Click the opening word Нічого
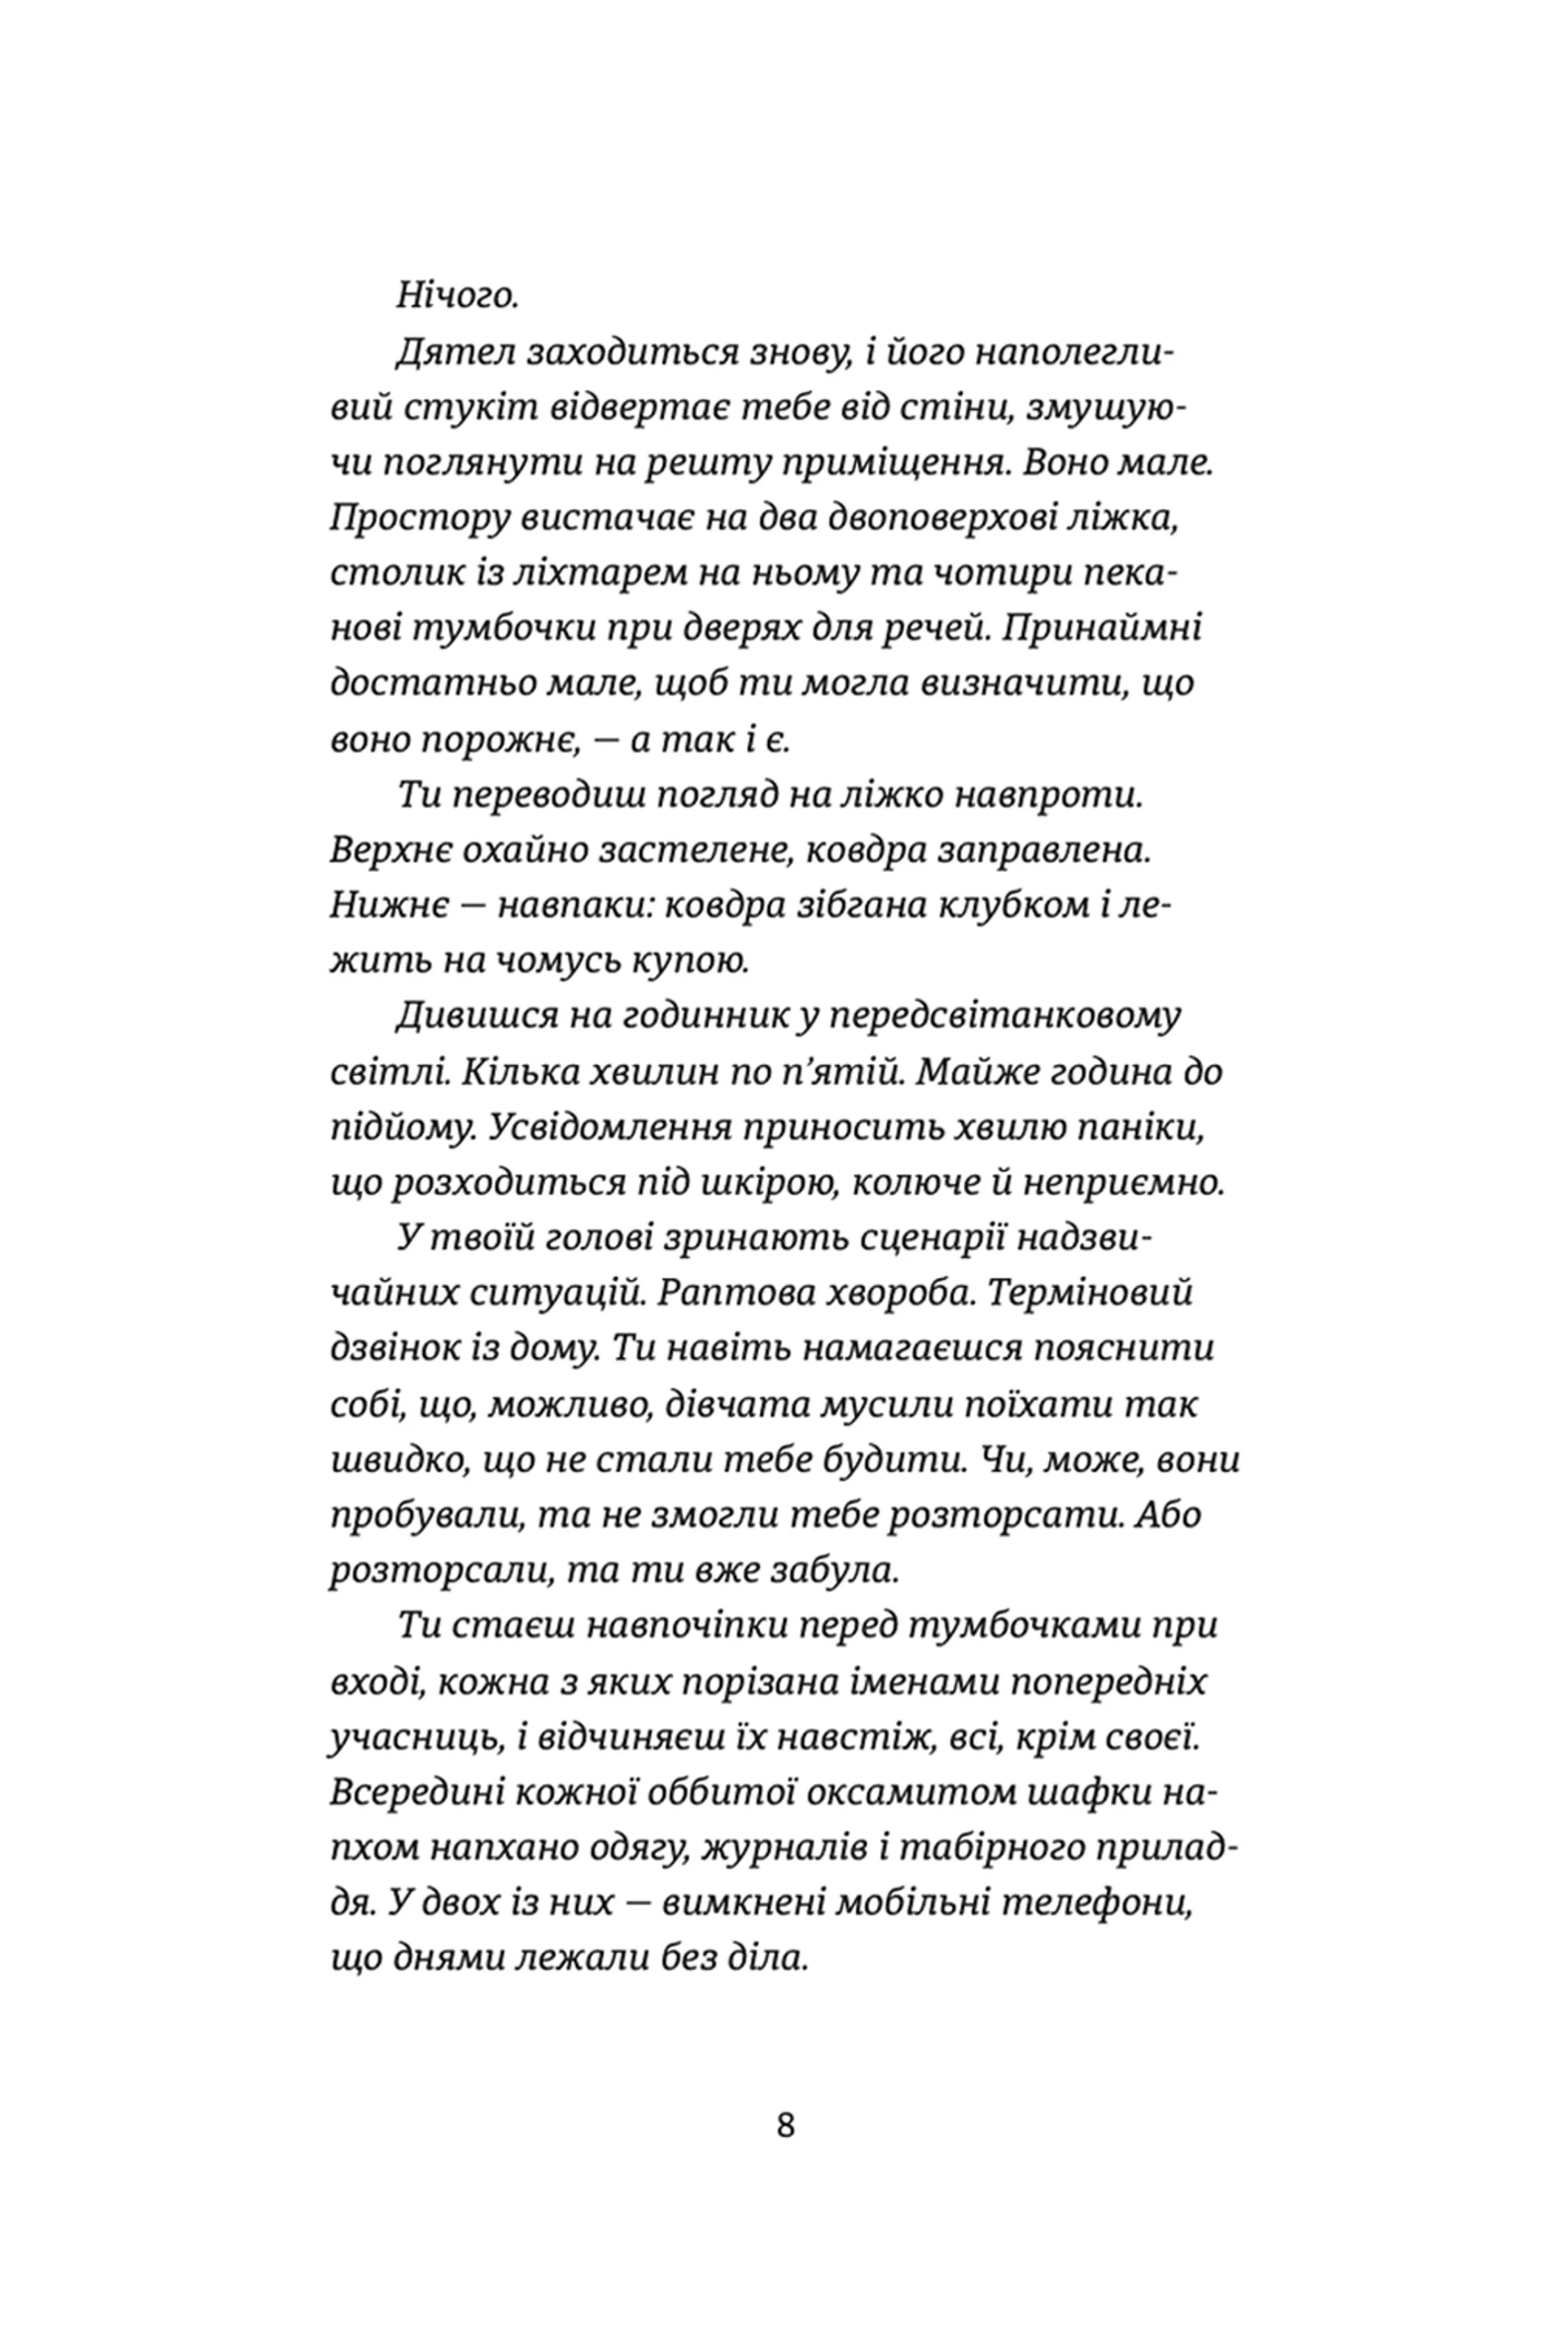[457, 295]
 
